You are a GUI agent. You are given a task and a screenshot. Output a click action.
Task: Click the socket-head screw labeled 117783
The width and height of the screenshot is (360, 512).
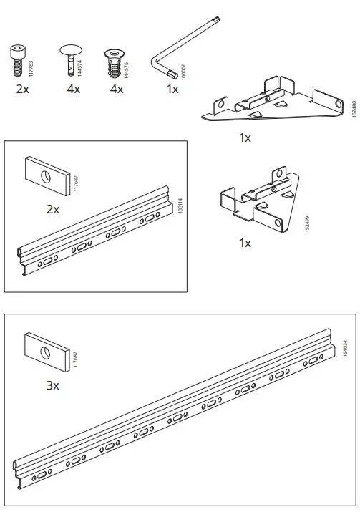[x=18, y=61]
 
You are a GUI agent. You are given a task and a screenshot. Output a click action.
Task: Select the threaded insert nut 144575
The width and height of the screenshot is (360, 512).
[x=112, y=63]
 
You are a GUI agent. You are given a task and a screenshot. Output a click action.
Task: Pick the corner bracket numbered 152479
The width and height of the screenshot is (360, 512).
[x=258, y=198]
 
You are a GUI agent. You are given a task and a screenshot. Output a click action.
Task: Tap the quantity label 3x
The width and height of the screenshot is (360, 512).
[x=52, y=385]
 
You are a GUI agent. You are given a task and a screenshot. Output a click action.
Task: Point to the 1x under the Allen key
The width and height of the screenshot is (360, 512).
[x=172, y=90]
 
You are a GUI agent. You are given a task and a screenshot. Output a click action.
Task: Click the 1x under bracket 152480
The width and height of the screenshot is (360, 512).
[x=245, y=138]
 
